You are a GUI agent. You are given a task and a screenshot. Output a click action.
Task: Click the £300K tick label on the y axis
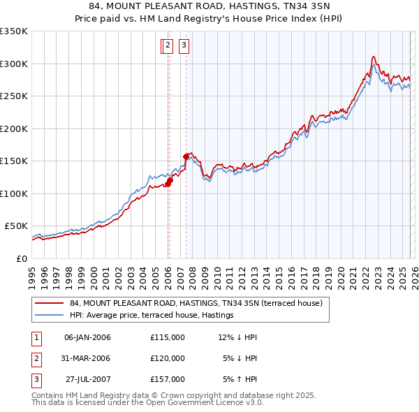click(14, 64)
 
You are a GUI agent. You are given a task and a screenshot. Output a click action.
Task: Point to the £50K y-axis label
click(16, 226)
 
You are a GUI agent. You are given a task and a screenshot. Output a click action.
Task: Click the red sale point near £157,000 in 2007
click(186, 156)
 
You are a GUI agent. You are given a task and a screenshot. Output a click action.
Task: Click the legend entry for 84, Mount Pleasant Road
click(196, 303)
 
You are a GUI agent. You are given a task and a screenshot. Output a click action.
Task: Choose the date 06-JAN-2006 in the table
click(87, 337)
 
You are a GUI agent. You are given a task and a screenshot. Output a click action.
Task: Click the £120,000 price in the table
click(167, 358)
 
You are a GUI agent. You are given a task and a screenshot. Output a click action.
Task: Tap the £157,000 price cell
click(167, 379)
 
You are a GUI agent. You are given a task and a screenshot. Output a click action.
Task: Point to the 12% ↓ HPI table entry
click(237, 337)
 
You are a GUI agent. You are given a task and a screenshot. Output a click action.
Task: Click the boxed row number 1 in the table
click(36, 337)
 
